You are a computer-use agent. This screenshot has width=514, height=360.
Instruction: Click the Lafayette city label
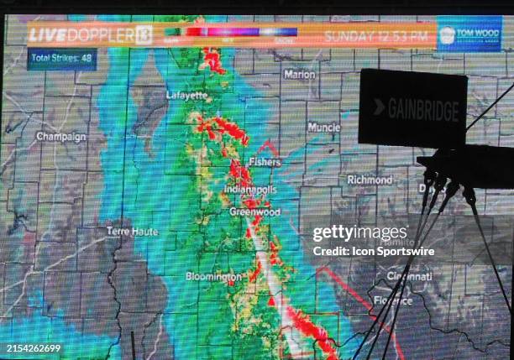point(186,96)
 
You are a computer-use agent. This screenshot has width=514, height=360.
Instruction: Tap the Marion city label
point(300,74)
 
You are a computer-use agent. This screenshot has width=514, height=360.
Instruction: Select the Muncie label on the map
point(323,128)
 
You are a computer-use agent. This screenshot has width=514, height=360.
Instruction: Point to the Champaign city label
point(60,136)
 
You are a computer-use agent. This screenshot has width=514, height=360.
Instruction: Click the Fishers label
point(264,162)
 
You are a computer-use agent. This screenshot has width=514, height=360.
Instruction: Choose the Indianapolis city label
point(249,190)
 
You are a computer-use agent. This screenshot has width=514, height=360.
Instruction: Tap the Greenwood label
point(255,212)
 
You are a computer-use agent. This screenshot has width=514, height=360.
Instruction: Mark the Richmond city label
point(370,180)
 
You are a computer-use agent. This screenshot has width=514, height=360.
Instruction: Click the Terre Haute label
point(132,231)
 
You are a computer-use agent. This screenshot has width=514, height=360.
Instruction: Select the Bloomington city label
point(213,276)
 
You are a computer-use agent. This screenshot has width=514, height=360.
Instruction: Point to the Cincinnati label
point(409,276)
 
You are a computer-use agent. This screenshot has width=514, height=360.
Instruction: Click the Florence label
point(393,300)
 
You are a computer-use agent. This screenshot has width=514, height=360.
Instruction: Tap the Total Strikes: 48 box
point(61,59)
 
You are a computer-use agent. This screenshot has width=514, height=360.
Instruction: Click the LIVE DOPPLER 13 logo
point(90,35)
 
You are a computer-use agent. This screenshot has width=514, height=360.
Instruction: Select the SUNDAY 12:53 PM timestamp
point(377,36)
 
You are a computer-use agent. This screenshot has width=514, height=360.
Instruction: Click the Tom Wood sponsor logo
point(469,34)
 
